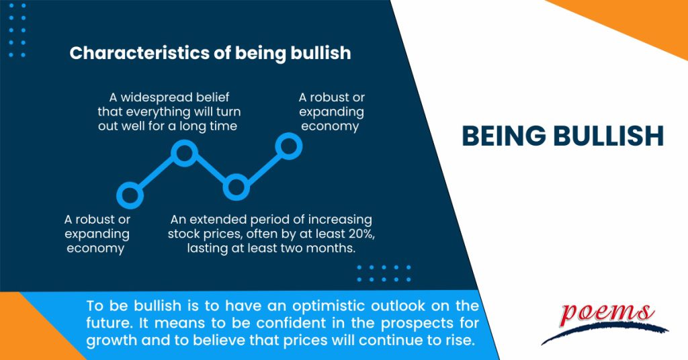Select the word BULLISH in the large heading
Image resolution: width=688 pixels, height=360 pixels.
pyautogui.click(x=607, y=136)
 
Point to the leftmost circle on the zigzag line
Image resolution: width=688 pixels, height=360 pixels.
pyautogui.click(x=130, y=195)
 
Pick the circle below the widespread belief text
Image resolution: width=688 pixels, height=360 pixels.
pyautogui.click(x=183, y=153)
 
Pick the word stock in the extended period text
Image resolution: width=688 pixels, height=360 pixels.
pyautogui.click(x=187, y=234)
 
